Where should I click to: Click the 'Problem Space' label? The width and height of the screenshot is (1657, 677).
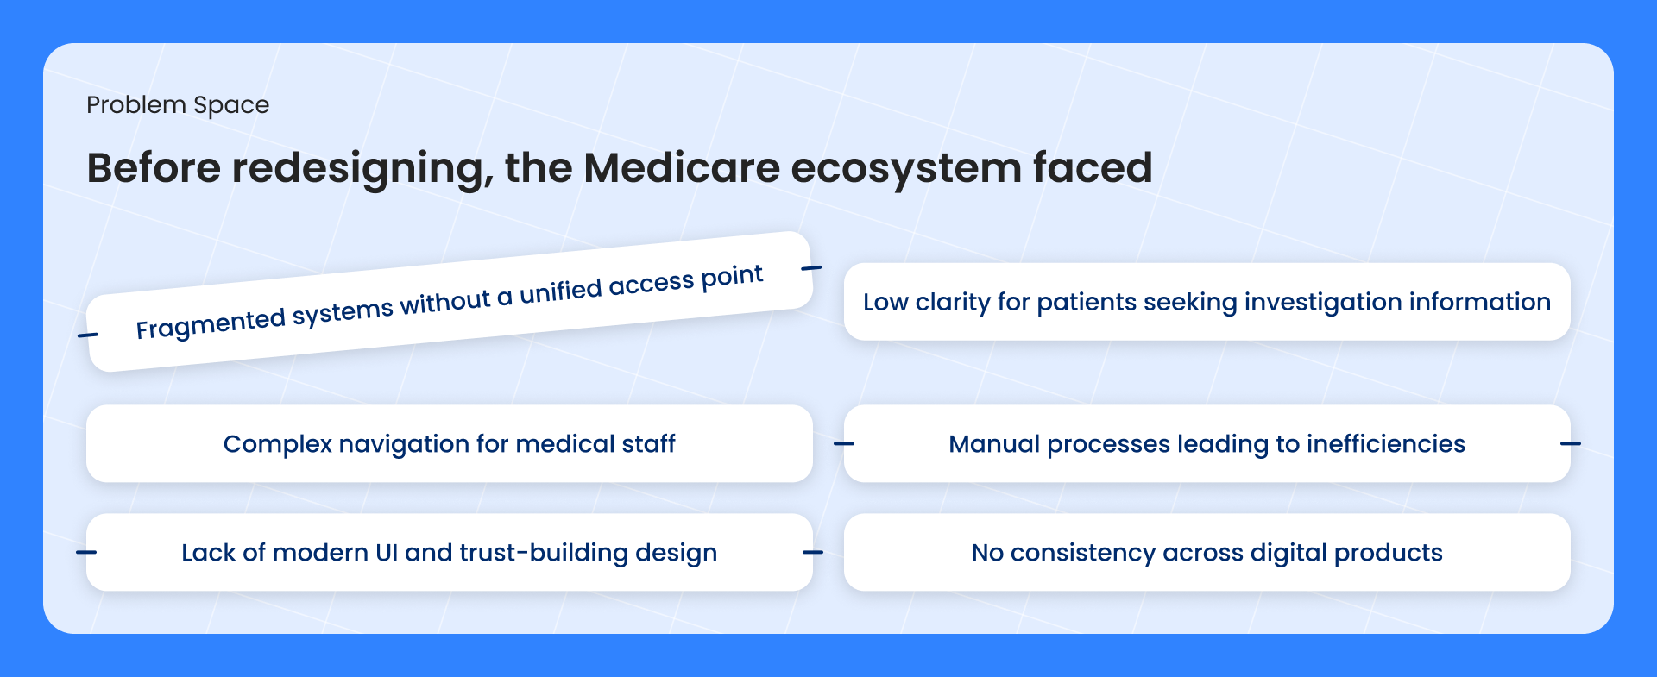pyautogui.click(x=178, y=105)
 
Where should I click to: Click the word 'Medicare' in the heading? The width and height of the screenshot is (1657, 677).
pyautogui.click(x=682, y=167)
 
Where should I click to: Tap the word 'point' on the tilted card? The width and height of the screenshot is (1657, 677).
pyautogui.click(x=732, y=277)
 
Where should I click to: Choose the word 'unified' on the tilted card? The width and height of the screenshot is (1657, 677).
pyautogui.click(x=561, y=291)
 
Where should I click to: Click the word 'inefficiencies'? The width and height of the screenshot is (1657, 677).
pyautogui.click(x=1386, y=443)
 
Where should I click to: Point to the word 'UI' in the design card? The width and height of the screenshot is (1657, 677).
pyautogui.click(x=387, y=553)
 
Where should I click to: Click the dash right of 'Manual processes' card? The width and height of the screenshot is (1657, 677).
pyautogui.click(x=1571, y=443)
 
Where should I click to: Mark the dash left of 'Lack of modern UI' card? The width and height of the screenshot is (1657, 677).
pyautogui.click(x=86, y=552)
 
